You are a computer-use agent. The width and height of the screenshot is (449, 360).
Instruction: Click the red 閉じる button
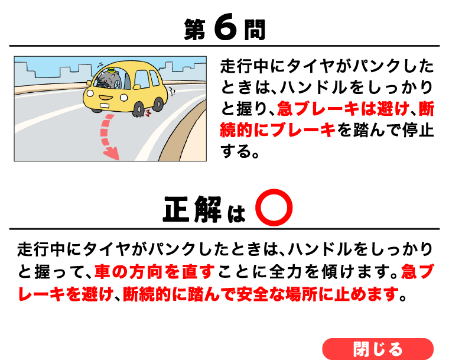[378, 349]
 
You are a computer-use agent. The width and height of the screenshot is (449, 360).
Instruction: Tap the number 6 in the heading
[226, 28]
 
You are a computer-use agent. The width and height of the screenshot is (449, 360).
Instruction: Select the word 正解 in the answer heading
[192, 209]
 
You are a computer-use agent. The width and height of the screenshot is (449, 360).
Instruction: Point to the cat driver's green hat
[111, 70]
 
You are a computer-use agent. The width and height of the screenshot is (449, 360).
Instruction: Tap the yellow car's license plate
[104, 105]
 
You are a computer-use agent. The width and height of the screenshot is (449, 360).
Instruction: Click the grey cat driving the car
[108, 80]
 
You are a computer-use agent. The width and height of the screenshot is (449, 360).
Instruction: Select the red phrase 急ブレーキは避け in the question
[343, 109]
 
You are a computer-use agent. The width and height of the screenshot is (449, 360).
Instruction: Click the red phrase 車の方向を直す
[154, 271]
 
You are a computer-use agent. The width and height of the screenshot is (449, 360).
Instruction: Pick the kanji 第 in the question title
[195, 30]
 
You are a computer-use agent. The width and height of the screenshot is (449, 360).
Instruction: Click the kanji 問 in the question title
[255, 30]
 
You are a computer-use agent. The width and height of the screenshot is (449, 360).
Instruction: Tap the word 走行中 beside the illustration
[245, 66]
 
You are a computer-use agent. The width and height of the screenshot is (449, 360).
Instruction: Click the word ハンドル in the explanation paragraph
[320, 249]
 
